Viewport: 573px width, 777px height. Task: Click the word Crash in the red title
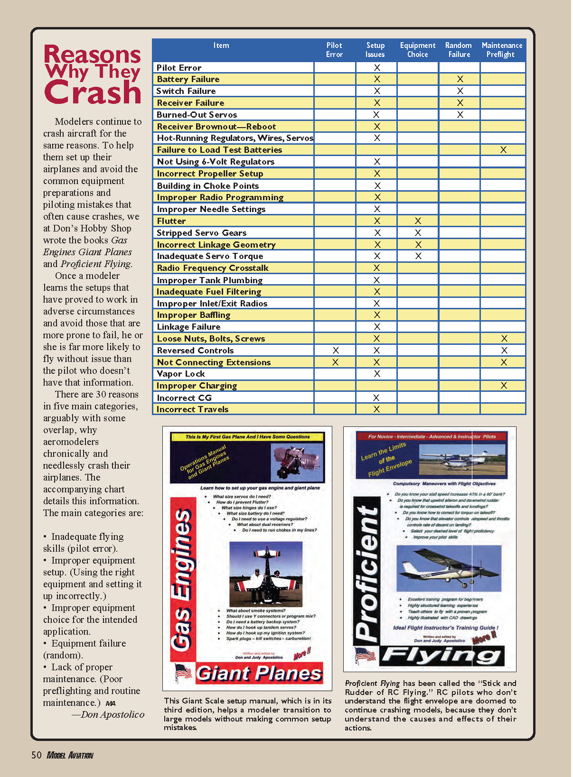pyautogui.click(x=93, y=92)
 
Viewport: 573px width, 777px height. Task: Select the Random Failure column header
pyautogui.click(x=459, y=50)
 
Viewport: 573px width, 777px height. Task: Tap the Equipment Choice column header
pyautogui.click(x=417, y=50)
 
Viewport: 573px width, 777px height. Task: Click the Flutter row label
pyautogui.click(x=171, y=221)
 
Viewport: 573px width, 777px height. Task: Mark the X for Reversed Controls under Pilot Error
pyautogui.click(x=336, y=351)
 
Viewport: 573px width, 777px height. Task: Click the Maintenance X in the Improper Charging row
pyautogui.click(x=504, y=386)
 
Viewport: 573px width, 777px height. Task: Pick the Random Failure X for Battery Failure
pyautogui.click(x=460, y=79)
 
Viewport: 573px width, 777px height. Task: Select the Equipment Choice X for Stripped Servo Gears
pyautogui.click(x=418, y=233)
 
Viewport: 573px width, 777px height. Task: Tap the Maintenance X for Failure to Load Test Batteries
pyautogui.click(x=503, y=150)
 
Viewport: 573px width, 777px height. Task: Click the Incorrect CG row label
pyautogui.click(x=184, y=398)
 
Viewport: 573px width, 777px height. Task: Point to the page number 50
pyautogui.click(x=37, y=755)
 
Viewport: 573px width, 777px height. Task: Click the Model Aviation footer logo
pyautogui.click(x=70, y=755)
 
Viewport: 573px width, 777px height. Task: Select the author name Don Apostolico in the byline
pyautogui.click(x=113, y=715)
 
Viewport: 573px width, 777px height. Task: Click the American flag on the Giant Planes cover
pyautogui.click(x=183, y=672)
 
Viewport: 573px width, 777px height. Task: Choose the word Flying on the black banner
pyautogui.click(x=441, y=656)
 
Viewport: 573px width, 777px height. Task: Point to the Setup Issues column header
pyautogui.click(x=375, y=50)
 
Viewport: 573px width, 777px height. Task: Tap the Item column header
pyautogui.click(x=221, y=46)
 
